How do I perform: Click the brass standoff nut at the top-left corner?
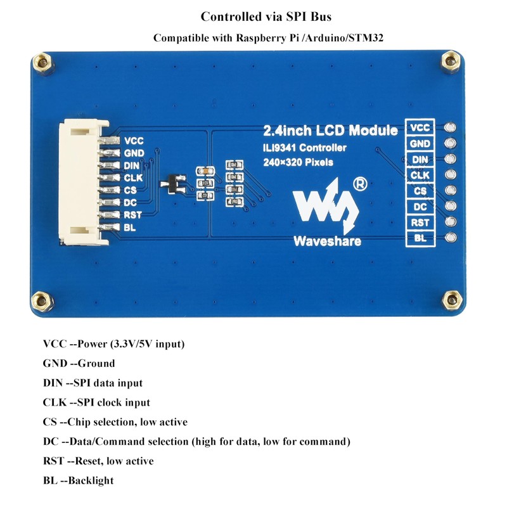tap(42, 62)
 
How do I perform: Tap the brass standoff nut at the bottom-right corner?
tap(452, 300)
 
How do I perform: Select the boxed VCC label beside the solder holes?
tap(420, 128)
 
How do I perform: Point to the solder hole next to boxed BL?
tap(451, 237)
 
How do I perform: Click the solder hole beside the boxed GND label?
tap(451, 143)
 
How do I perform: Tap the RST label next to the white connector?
tap(132, 215)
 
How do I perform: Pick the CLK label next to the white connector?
tap(133, 177)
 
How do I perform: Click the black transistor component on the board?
tap(173, 184)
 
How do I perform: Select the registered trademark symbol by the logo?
tap(360, 184)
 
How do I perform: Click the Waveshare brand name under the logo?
tap(327, 241)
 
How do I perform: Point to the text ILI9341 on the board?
tap(279, 148)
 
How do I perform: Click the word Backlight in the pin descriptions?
tap(91, 480)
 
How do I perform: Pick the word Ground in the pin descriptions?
tap(96, 363)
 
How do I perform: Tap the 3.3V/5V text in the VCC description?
tap(132, 343)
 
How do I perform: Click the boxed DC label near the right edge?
tap(420, 207)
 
